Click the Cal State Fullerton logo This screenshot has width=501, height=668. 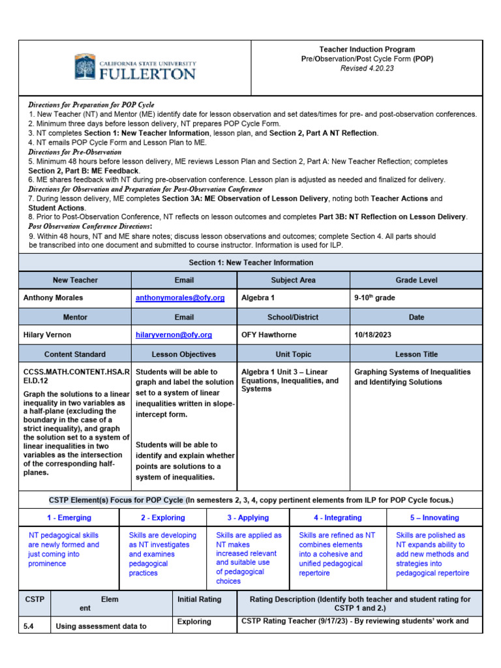click(135, 67)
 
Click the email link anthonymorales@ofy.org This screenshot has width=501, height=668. click(180, 297)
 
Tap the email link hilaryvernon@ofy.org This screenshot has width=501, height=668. click(174, 335)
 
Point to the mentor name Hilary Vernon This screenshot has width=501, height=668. click(48, 335)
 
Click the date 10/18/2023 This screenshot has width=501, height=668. click(374, 335)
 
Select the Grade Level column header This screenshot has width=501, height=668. click(416, 280)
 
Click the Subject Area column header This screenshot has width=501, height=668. click(293, 280)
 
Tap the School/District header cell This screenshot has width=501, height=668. click(293, 317)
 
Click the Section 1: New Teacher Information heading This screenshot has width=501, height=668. click(250, 262)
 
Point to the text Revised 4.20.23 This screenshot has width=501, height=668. click(367, 68)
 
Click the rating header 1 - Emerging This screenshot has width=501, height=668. click(69, 517)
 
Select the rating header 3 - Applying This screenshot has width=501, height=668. click(248, 517)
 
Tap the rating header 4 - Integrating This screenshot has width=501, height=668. click(337, 517)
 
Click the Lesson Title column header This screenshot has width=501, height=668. click(416, 354)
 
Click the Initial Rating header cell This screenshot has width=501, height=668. click(199, 599)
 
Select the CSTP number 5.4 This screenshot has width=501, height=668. click(29, 627)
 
